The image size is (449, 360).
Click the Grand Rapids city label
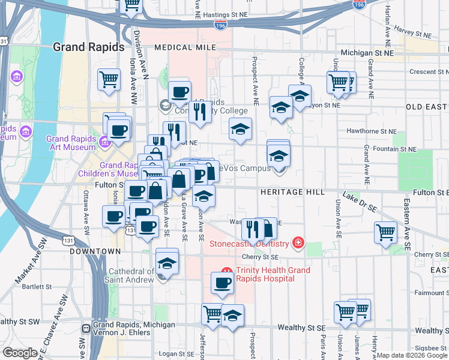click(x=88, y=47)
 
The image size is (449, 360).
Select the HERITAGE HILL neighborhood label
click(x=292, y=192)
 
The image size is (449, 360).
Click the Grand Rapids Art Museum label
click(x=71, y=143)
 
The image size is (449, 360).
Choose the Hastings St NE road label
click(x=225, y=13)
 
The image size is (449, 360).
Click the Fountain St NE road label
click(x=394, y=148)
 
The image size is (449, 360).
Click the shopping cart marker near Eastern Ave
click(x=385, y=232)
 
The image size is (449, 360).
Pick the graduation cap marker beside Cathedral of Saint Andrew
click(x=167, y=263)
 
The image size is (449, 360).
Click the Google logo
click(x=19, y=353)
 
